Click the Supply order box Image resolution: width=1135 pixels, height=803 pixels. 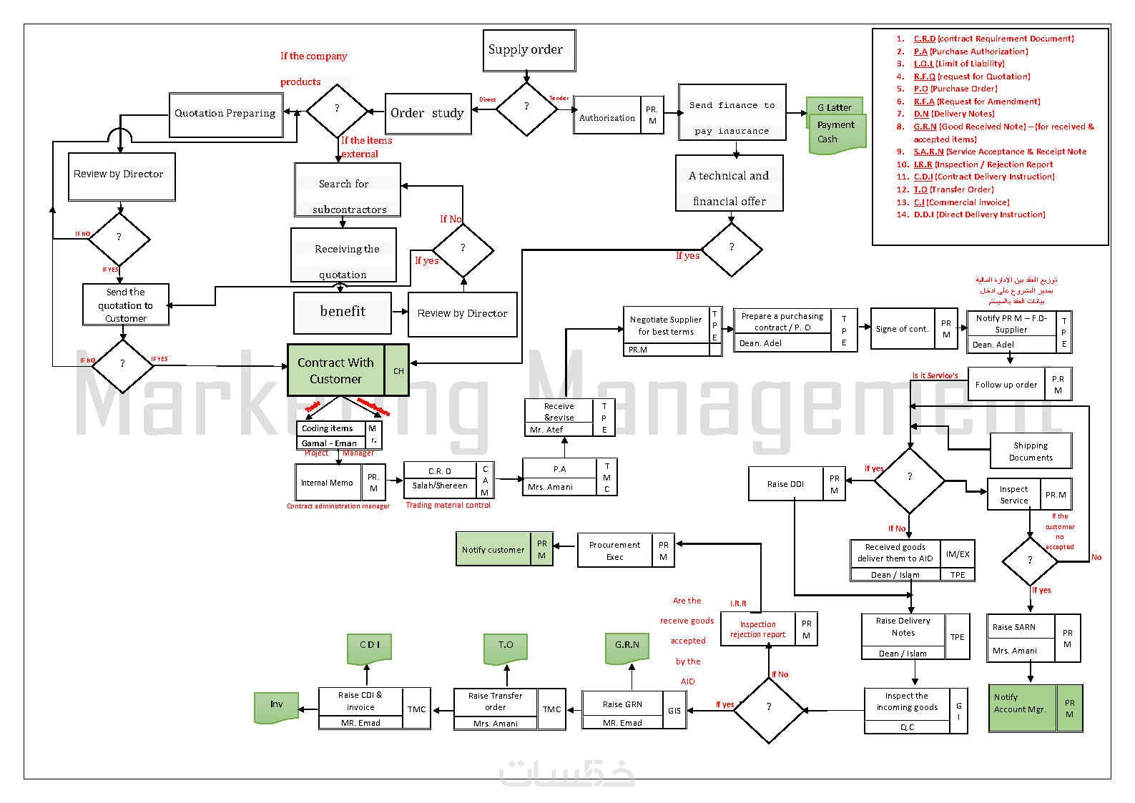click(x=529, y=50)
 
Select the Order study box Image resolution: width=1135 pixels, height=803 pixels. click(x=428, y=113)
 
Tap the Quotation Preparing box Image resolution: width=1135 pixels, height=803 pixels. click(x=225, y=114)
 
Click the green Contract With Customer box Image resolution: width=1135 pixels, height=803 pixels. click(x=335, y=370)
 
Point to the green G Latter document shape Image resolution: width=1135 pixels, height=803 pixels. click(x=834, y=107)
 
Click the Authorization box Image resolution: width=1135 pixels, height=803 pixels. click(x=607, y=117)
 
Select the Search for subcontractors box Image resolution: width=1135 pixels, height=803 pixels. click(x=348, y=190)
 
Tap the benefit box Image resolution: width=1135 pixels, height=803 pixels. click(x=343, y=312)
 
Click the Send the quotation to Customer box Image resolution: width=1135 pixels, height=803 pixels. click(x=126, y=305)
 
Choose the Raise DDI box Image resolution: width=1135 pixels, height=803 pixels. click(x=785, y=484)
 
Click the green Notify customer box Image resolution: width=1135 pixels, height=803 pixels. click(x=493, y=549)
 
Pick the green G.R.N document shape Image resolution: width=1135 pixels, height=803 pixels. click(x=627, y=646)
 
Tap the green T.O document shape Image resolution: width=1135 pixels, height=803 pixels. click(x=506, y=646)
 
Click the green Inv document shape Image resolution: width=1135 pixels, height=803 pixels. click(x=276, y=706)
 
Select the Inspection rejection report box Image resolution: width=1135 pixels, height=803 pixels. click(x=757, y=629)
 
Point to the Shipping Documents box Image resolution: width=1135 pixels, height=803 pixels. click(x=1030, y=451)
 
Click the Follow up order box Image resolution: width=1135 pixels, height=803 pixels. click(x=1006, y=385)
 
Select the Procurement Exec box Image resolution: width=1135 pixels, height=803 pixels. click(x=615, y=551)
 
